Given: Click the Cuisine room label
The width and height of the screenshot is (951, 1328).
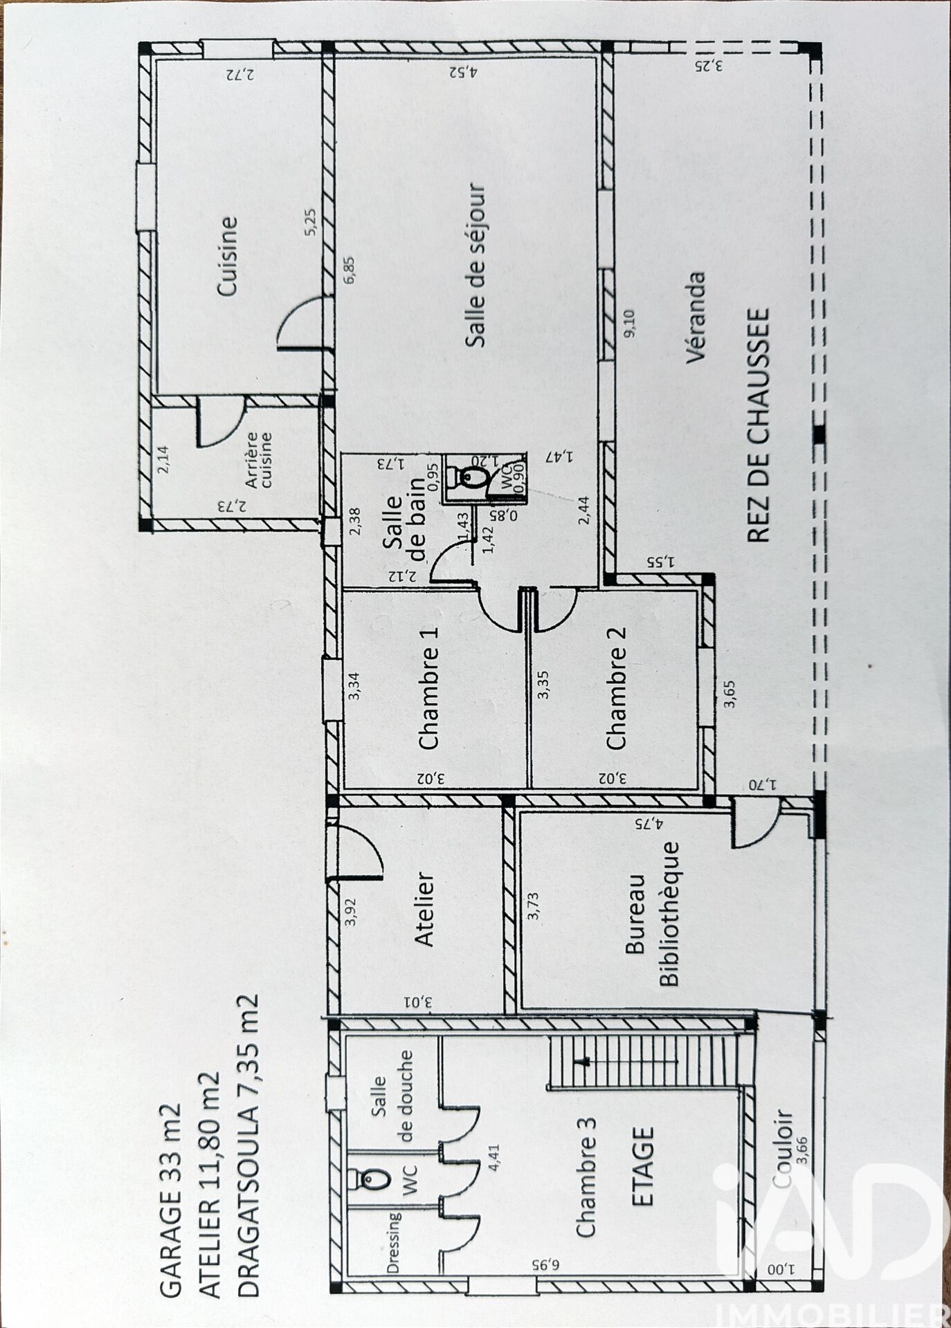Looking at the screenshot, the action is tap(228, 256).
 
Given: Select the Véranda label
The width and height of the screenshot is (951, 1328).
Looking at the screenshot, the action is tap(696, 317).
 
